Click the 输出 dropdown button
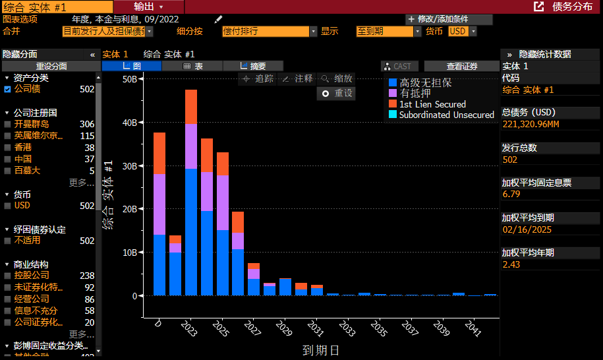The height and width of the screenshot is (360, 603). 148,6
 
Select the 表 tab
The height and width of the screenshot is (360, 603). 192,66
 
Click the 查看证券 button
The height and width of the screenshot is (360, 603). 461,66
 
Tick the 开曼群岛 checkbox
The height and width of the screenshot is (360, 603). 7,124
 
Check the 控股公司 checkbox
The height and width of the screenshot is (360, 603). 7,276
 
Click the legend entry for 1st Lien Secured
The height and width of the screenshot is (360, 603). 432,104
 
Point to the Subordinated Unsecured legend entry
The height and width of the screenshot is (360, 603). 446,115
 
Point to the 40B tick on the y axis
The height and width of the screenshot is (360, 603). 129,123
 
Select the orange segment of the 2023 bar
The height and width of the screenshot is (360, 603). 191,106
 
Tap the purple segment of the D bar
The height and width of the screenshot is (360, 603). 159,204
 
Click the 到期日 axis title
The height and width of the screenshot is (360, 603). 320,350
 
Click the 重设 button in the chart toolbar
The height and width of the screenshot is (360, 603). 337,94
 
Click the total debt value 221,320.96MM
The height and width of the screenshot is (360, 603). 531,124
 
